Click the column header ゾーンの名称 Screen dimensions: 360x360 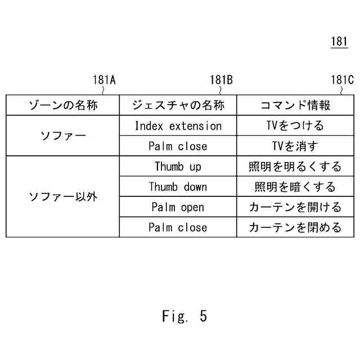click(x=63, y=105)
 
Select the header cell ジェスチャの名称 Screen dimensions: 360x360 click(x=178, y=105)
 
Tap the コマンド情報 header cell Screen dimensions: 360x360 click(x=295, y=105)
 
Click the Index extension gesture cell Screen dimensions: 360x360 click(x=178, y=126)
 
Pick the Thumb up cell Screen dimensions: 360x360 click(x=178, y=166)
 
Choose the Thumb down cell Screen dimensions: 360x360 click(x=178, y=187)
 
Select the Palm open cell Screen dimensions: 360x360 click(x=178, y=207)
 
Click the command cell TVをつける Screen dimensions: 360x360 click(x=295, y=126)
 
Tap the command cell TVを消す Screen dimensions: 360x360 click(x=295, y=146)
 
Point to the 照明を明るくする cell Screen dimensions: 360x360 click(x=295, y=166)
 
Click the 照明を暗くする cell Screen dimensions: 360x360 click(x=295, y=187)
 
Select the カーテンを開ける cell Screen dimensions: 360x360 click(x=295, y=207)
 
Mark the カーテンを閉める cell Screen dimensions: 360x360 click(x=295, y=227)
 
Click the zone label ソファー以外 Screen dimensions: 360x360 click(x=63, y=197)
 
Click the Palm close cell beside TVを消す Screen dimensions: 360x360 click(x=178, y=146)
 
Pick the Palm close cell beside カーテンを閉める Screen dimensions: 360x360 click(x=178, y=227)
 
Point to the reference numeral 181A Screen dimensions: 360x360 click(x=104, y=80)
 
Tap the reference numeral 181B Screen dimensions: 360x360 click(x=221, y=80)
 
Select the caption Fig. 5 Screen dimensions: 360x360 click(x=184, y=316)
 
